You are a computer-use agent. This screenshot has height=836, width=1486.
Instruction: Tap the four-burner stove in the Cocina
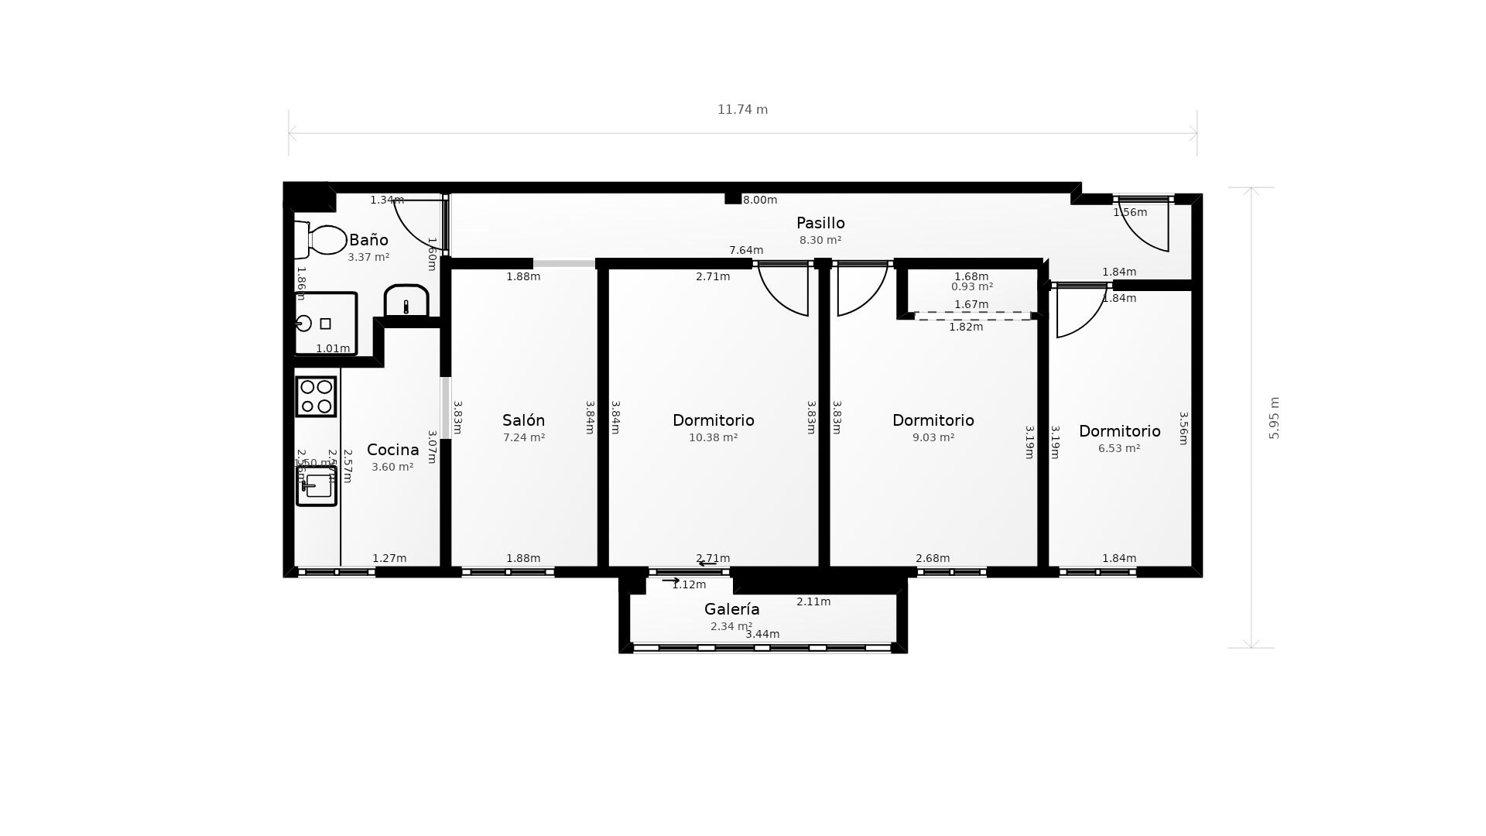pyautogui.click(x=316, y=396)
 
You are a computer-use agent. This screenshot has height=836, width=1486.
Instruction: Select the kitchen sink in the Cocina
pyautogui.click(x=317, y=486)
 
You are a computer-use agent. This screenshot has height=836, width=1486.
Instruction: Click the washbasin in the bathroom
pyautogui.click(x=406, y=301)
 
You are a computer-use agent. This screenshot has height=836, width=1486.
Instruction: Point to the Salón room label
pyautogui.click(x=523, y=420)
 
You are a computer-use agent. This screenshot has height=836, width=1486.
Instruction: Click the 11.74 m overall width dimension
pyautogui.click(x=742, y=110)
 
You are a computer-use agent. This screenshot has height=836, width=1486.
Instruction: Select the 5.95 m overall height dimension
pyautogui.click(x=1274, y=418)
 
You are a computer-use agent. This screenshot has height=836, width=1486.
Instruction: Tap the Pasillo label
pyautogui.click(x=820, y=224)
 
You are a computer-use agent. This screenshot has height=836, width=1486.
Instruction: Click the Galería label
pyautogui.click(x=731, y=609)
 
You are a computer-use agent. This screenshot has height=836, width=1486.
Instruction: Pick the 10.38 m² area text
pyautogui.click(x=713, y=437)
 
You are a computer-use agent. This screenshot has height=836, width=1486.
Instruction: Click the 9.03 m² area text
pyautogui.click(x=933, y=437)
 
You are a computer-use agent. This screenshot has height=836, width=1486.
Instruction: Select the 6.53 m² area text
pyautogui.click(x=1119, y=448)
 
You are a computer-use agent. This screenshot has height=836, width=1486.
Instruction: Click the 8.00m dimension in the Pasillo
pyautogui.click(x=759, y=200)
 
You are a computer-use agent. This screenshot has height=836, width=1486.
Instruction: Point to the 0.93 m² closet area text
pyautogui.click(x=971, y=286)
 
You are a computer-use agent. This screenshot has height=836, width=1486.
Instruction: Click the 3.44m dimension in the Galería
pyautogui.click(x=762, y=634)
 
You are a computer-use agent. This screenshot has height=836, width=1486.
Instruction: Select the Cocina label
pyautogui.click(x=392, y=450)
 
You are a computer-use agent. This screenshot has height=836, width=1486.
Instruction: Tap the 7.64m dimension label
pyautogui.click(x=746, y=250)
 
